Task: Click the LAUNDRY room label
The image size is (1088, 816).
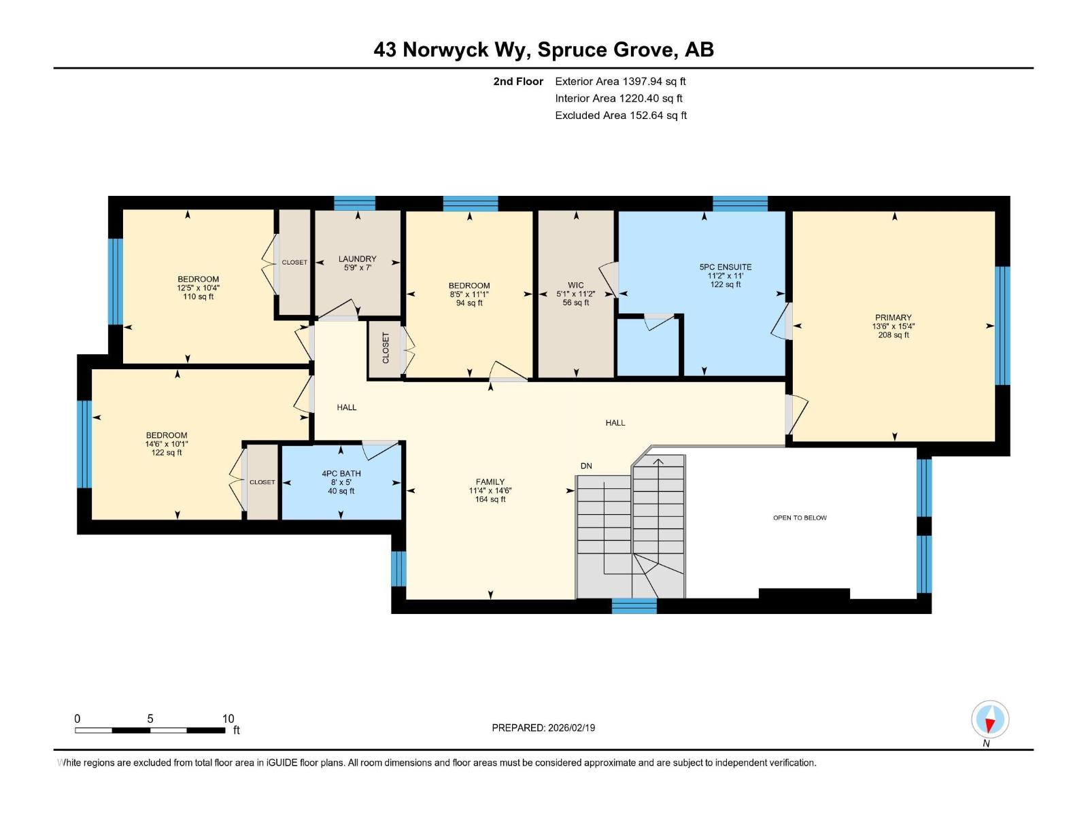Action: coord(357,259)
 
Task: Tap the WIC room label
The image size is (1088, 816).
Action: coord(576,286)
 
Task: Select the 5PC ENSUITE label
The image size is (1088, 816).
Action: coord(725,267)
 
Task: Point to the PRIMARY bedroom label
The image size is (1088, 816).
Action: coord(893,318)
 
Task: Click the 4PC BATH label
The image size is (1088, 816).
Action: coord(341,474)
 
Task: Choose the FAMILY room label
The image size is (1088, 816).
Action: coord(490,482)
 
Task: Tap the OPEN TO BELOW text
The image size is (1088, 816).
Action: coord(800,518)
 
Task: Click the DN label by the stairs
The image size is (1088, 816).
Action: coord(586,466)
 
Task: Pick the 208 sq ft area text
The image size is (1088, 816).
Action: coord(893,335)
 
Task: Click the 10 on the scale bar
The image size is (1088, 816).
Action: coord(228,719)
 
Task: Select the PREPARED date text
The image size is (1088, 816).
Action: coord(543,728)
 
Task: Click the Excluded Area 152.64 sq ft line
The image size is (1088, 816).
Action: coord(620,116)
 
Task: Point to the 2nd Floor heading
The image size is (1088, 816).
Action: coord(518,82)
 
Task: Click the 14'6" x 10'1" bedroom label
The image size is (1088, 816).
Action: coord(166,444)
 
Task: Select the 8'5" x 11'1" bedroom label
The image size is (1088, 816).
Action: coord(469,294)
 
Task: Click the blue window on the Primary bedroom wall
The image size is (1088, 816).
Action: coord(1002,326)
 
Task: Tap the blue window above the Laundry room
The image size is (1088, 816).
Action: coord(354,203)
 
